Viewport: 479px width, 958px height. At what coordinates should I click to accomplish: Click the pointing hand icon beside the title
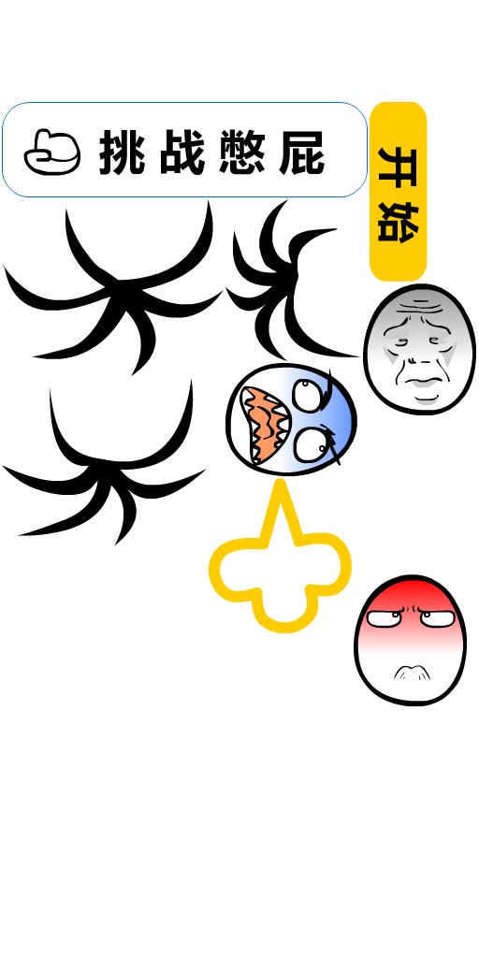click(52, 152)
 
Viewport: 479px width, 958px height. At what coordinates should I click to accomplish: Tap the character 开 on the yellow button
click(399, 167)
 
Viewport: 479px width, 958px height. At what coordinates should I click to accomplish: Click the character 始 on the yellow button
click(399, 222)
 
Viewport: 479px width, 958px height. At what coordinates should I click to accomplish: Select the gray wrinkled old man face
click(420, 349)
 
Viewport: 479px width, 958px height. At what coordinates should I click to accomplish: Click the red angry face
click(410, 640)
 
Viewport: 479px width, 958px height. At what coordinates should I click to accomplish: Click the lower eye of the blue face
click(311, 444)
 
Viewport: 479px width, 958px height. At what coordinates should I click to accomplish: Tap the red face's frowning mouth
click(412, 673)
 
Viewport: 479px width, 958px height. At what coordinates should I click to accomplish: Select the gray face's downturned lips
click(421, 384)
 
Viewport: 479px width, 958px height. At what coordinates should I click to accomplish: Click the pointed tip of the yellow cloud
click(281, 482)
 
